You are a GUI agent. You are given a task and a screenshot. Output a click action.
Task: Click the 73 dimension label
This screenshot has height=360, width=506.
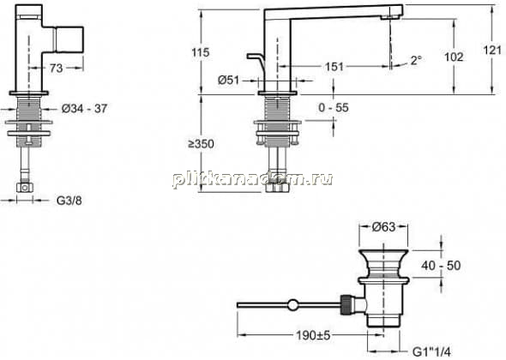coord(56,68)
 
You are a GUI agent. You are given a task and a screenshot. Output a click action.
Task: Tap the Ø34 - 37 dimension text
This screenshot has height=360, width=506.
coord(84,109)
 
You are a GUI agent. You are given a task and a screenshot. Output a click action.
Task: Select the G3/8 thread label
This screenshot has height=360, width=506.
coord(69,201)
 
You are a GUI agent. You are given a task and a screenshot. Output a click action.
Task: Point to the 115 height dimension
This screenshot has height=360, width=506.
coord(201,52)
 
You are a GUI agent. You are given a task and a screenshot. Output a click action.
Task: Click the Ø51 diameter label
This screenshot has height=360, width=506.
coord(229,80)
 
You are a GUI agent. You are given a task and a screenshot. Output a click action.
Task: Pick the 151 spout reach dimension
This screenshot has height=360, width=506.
coord(334,67)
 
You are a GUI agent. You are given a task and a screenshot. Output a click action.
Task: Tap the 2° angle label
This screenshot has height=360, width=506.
coord(416,60)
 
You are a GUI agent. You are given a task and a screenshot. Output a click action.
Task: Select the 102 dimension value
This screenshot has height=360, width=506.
coord(454,57)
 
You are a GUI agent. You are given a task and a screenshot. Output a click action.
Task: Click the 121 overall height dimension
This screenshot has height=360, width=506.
coord(492,50)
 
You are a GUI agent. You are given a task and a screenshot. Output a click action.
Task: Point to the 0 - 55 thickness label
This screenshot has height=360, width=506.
coord(334,107)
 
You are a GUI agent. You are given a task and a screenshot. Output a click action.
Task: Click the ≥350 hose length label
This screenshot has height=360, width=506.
coord(201,144)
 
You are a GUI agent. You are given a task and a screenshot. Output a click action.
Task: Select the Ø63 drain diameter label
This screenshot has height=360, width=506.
coord(383,227)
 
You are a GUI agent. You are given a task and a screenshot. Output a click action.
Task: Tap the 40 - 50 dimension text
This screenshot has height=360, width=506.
coord(441,266)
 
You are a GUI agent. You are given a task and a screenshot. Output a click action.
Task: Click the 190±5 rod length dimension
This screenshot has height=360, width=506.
coord(313,335)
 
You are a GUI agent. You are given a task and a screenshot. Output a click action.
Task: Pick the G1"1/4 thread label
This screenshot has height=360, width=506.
coord(431,351)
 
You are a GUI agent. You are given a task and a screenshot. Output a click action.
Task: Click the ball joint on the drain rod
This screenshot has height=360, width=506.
coord(292,305)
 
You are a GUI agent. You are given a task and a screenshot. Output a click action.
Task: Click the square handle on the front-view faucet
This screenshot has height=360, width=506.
coord(70,39)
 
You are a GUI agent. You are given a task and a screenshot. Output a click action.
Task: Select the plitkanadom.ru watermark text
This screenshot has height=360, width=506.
coord(252,179)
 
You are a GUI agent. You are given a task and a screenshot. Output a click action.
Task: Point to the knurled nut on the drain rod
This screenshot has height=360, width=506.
coord(346,304)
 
